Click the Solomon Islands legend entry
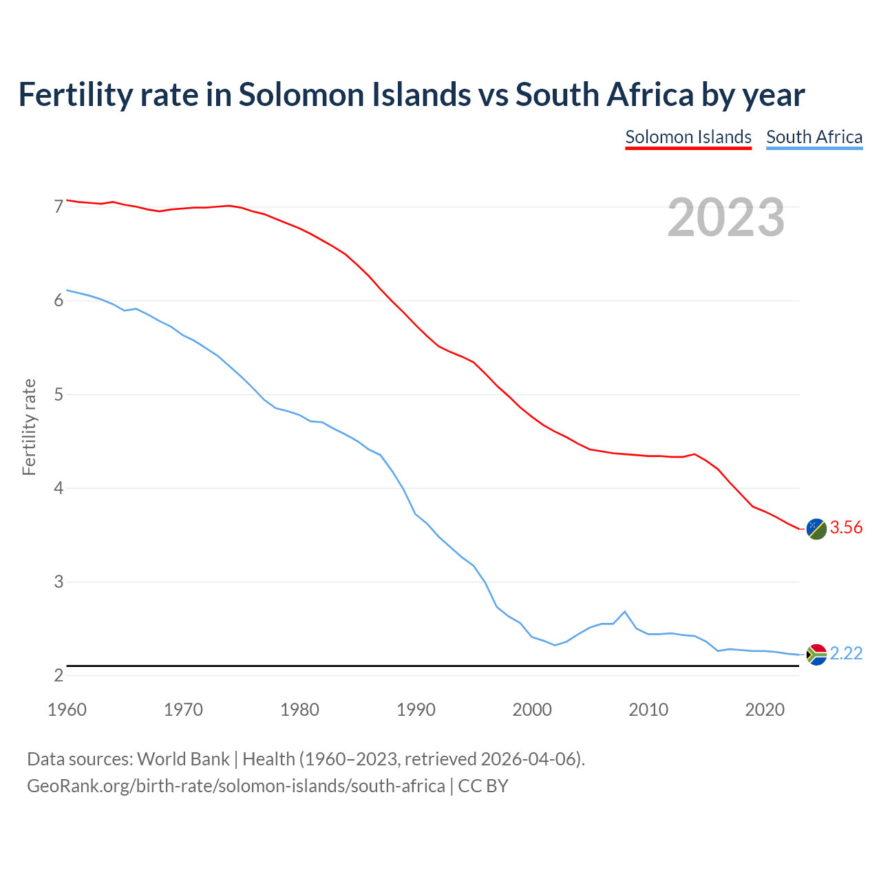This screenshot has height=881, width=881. coord(688,137)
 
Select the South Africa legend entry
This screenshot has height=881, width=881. coord(814,137)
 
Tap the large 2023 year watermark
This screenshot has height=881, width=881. coord(726,217)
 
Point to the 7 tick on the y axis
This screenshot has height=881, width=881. coord(59,206)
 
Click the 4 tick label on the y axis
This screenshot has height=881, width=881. coord(59,488)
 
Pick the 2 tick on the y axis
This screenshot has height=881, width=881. coord(59,675)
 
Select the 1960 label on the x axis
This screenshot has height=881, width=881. coord(67,710)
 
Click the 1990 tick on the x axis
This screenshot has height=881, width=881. coord(416,710)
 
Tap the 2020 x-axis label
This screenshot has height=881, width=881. coord(765,710)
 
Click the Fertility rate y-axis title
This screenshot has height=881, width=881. coord(29,427)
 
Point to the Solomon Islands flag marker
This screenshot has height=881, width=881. coord(816,529)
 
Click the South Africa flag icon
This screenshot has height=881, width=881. coord(816,654)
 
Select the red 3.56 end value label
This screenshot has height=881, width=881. coord(846,528)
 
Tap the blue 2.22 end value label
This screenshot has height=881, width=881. coord(846,653)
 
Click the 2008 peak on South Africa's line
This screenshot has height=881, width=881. coord(624,611)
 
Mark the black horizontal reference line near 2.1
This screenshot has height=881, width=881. coord(413,666)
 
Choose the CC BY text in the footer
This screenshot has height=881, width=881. coord(483,786)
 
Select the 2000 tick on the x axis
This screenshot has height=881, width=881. coord(532,710)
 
